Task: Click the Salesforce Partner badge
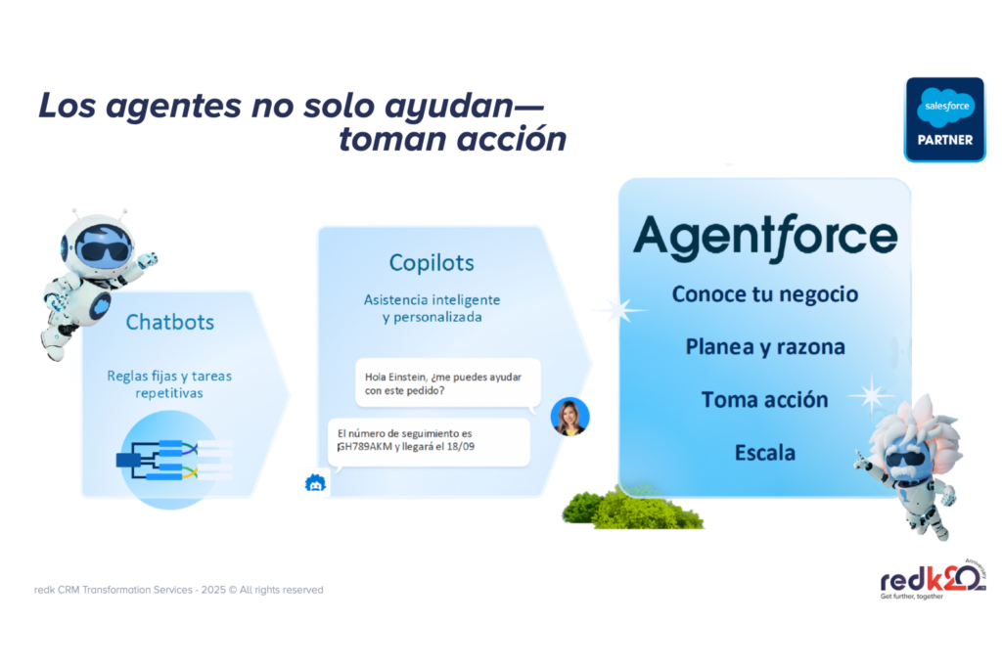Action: coord(944,119)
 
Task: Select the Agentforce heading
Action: coord(765,238)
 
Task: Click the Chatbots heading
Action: coord(170,322)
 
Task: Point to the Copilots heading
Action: coord(432,262)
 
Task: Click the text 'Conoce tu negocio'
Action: coord(765,293)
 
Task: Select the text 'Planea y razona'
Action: coord(765,347)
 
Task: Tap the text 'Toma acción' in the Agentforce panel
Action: coord(765,400)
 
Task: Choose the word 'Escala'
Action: coord(765,453)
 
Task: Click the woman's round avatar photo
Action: coord(570,417)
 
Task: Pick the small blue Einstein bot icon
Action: coord(315,483)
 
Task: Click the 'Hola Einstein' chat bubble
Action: coord(448,383)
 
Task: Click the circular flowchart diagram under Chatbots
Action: coord(170,460)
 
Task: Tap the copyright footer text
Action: coord(179,590)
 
